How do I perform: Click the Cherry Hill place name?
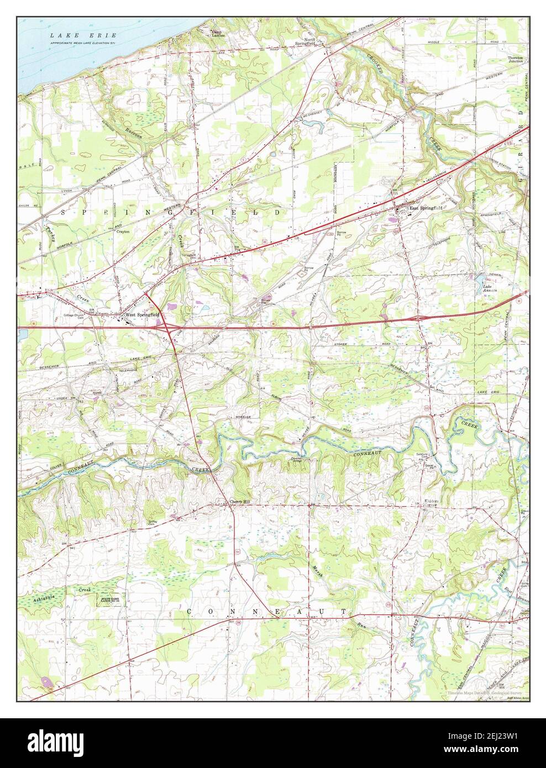click(240, 502)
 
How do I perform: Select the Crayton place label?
click(123, 232)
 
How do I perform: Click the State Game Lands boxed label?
click(112, 599)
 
